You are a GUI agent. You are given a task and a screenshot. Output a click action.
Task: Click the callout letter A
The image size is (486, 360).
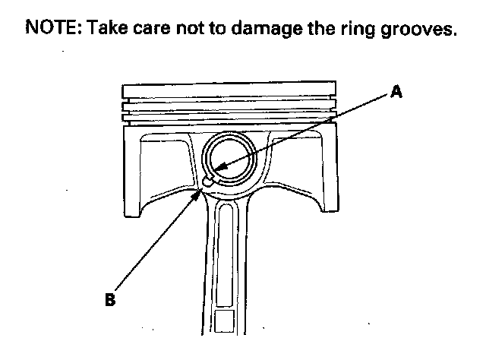click(395, 93)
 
